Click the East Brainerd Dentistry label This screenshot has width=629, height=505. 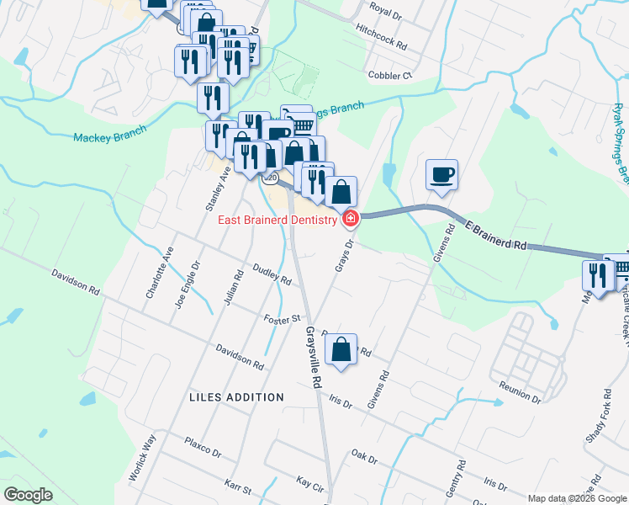click(x=278, y=221)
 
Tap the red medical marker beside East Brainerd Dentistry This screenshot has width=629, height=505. click(x=350, y=220)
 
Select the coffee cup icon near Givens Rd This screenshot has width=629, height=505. click(x=442, y=175)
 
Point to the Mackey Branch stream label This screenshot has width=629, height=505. click(x=109, y=133)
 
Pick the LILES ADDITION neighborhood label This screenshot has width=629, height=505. click(x=236, y=396)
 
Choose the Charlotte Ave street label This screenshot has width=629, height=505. click(x=160, y=274)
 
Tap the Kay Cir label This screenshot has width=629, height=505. click(x=310, y=482)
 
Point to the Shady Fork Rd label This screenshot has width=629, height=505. click(x=598, y=426)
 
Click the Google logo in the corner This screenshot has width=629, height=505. click(x=29, y=494)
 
